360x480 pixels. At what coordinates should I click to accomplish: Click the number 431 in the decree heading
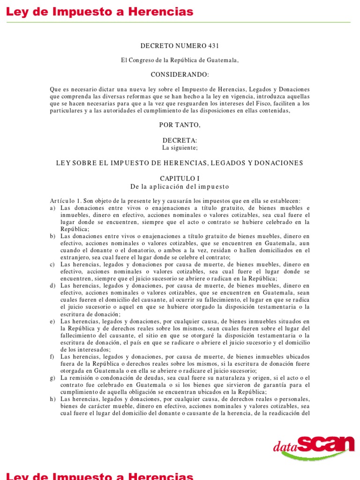pyautogui.click(x=212, y=46)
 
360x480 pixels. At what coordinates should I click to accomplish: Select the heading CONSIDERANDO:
pyautogui.click(x=180, y=75)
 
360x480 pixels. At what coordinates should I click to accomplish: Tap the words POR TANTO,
pyautogui.click(x=180, y=125)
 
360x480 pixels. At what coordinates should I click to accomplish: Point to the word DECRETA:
pyautogui.click(x=180, y=141)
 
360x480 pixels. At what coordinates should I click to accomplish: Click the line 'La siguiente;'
pyautogui.click(x=180, y=148)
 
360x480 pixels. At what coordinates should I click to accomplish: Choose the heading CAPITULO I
pyautogui.click(x=180, y=179)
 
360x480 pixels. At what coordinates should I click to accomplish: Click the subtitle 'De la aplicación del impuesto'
pyautogui.click(x=180, y=187)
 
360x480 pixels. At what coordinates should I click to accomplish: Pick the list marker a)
pyautogui.click(x=53, y=208)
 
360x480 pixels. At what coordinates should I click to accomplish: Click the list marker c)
pyautogui.click(x=53, y=264)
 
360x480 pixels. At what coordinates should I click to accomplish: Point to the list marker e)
pyautogui.click(x=53, y=321)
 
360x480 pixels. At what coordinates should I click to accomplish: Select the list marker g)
pyautogui.click(x=53, y=378)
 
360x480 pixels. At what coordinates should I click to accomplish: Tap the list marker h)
pyautogui.click(x=53, y=399)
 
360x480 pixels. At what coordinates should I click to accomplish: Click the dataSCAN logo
pyautogui.click(x=314, y=445)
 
